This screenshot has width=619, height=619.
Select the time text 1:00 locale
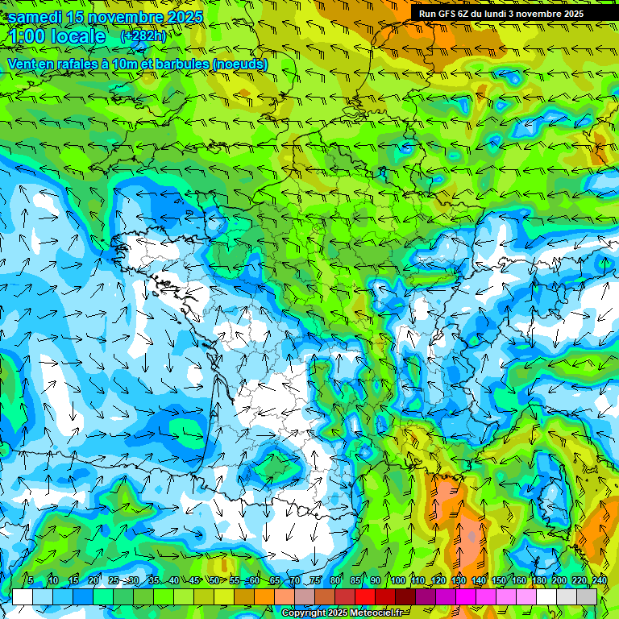(x=56, y=37)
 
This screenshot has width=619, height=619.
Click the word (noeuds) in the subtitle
(x=241, y=64)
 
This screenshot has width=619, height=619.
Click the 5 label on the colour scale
(x=30, y=581)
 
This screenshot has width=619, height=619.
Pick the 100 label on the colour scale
(x=397, y=581)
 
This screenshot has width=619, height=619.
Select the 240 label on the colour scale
(x=599, y=581)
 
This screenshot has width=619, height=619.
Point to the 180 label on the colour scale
(x=539, y=581)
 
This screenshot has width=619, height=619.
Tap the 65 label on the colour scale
(x=275, y=581)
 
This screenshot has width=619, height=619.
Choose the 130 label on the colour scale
(x=459, y=581)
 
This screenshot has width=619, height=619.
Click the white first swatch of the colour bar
(x=23, y=597)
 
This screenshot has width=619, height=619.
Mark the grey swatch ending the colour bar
(x=587, y=597)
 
